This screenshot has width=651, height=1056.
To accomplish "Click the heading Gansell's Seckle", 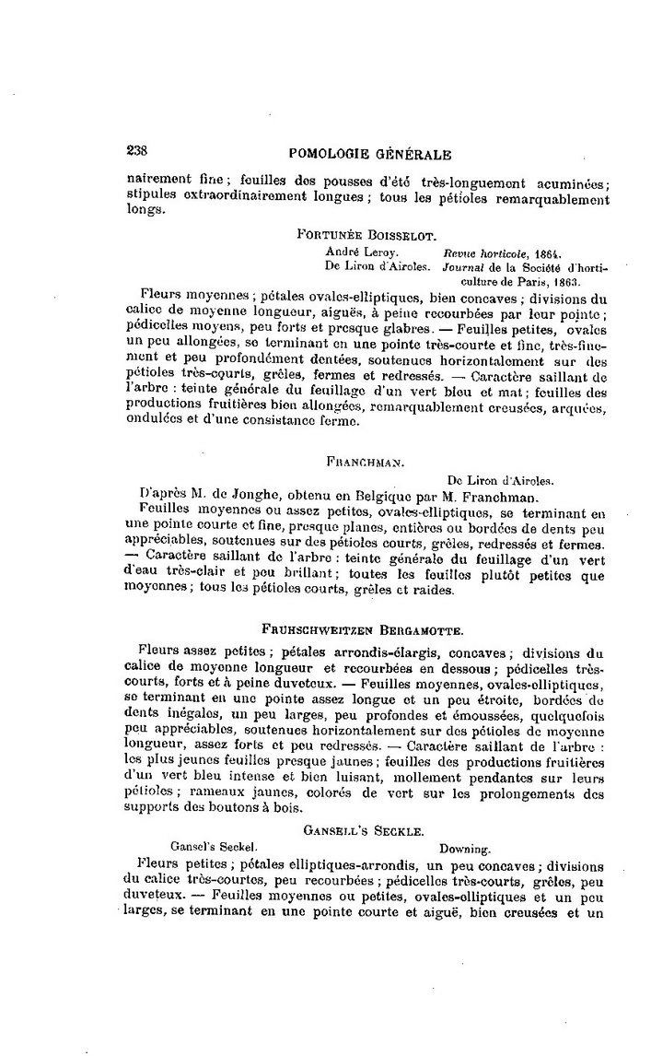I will tap(364, 830).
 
